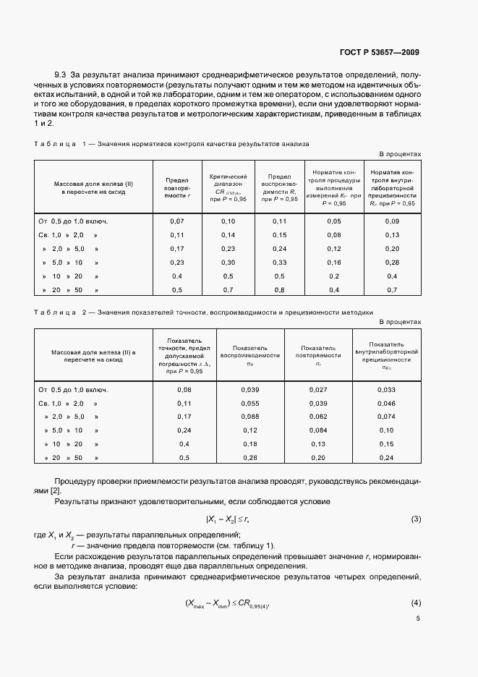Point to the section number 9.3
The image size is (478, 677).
61,74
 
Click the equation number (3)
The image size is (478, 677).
416,519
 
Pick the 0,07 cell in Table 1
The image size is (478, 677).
177,221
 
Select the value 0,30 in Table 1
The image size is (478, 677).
229,262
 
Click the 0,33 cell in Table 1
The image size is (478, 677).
279,262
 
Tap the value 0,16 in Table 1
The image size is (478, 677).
333,262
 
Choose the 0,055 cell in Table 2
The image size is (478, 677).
250,403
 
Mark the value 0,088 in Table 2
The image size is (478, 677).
250,417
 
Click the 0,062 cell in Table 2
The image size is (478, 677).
318,417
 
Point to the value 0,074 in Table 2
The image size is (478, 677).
386,417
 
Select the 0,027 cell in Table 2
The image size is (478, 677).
318,389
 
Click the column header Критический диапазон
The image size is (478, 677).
229,188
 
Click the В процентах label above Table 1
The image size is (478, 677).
400,154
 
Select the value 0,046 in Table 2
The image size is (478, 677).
386,403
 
